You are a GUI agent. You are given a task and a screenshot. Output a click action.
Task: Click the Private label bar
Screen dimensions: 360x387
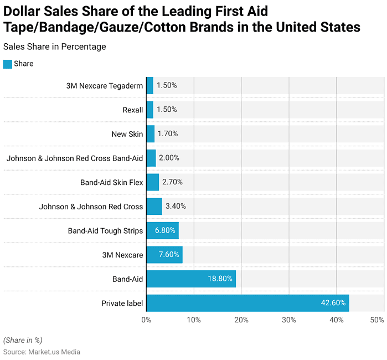247,303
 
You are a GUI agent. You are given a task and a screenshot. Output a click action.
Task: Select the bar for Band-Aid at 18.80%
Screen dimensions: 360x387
191,279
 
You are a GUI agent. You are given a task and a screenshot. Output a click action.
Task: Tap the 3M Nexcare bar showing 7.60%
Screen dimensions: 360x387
164,255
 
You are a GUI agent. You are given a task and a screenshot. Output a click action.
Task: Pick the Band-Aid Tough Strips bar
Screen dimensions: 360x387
162,230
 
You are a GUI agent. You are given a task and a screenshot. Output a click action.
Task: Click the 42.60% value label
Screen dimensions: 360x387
333,303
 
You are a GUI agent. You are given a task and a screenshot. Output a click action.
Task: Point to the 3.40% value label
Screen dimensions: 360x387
176,206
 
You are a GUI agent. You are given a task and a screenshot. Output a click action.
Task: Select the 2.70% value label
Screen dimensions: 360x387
172,182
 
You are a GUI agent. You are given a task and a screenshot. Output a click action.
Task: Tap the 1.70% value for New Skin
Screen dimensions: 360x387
168,133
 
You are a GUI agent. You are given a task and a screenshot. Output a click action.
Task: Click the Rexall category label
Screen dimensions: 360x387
133,110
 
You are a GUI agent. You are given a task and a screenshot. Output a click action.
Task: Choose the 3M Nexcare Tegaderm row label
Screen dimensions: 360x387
104,86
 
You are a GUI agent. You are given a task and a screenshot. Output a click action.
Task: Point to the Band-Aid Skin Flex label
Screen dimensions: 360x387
111,182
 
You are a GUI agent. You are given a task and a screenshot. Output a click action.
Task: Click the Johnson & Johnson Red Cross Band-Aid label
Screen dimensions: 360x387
75,158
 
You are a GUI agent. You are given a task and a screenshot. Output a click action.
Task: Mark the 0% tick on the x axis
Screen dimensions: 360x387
146,320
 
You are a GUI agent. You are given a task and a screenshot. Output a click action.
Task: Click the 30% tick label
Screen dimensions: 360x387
289,320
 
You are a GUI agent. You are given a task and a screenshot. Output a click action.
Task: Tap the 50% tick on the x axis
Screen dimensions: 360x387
377,320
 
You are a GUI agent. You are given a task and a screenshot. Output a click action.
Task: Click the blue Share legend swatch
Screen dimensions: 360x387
8,64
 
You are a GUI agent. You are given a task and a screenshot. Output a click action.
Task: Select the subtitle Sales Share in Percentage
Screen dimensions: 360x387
54,47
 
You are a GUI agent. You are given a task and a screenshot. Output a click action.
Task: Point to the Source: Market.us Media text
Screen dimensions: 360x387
42,352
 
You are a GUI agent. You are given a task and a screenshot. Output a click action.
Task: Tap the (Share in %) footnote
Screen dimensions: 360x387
23,340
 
